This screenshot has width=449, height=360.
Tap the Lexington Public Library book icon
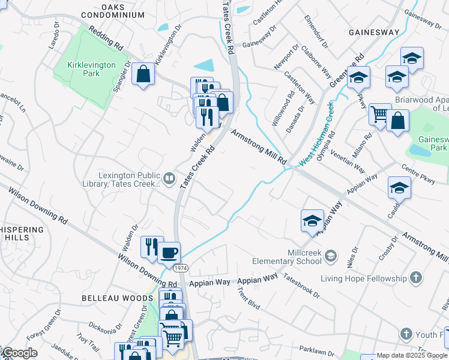tap(169, 178)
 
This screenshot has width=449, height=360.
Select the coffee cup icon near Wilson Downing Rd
tap(169, 252)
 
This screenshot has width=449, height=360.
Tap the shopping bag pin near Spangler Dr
tap(143, 74)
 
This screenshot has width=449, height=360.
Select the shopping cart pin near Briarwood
tap(379, 113)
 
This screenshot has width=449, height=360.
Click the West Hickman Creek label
tap(316, 135)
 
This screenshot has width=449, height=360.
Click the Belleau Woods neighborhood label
tap(118, 298)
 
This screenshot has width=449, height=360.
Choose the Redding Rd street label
tap(106, 37)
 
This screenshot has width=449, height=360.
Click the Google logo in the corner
tap(19, 353)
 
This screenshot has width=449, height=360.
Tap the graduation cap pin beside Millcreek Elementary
tap(312, 220)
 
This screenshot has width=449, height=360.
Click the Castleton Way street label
tap(300, 87)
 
